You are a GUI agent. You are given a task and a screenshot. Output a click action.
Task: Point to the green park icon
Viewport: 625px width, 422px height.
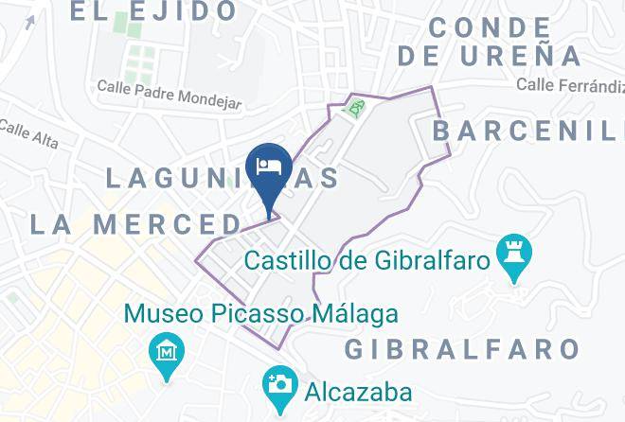(355, 110)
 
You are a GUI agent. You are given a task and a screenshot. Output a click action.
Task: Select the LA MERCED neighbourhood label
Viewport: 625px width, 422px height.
(135, 224)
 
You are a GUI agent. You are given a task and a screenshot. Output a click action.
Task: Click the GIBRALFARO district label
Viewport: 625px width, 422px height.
(461, 349)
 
